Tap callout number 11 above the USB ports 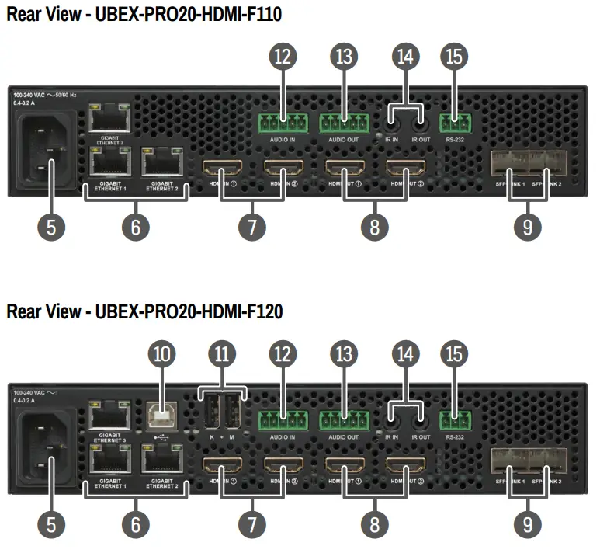point(223,354)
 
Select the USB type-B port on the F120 point(162,416)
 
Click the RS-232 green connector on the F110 point(455,123)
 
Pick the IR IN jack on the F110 point(392,120)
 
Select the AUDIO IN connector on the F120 point(282,421)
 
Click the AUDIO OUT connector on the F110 point(344,123)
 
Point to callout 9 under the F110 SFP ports point(528,226)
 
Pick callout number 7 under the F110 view point(251,226)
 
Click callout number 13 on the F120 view point(344,354)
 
